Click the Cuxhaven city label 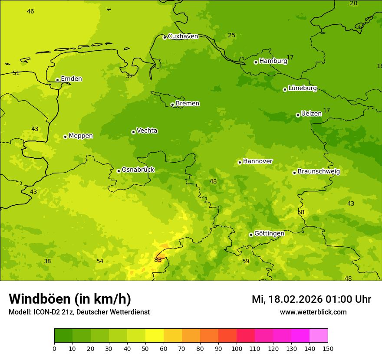(x=183, y=36)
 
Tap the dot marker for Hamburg (x=256, y=62)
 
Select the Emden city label (x=71, y=79)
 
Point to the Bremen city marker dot (x=172, y=105)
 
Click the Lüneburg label (x=302, y=88)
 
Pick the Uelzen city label (x=311, y=114)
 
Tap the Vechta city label (x=147, y=131)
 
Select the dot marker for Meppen (x=65, y=137)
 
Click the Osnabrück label (x=138, y=170)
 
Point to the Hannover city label (x=257, y=161)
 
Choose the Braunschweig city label (x=319, y=172)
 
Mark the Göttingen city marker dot (x=251, y=235)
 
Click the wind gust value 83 (x=158, y=260)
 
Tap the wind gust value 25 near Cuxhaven (x=232, y=36)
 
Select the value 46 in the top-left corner (x=30, y=12)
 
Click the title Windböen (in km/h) (x=70, y=299)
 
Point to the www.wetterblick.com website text (x=313, y=312)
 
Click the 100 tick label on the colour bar (x=237, y=348)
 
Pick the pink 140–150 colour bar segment (x=319, y=336)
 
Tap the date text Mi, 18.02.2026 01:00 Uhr (x=311, y=299)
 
